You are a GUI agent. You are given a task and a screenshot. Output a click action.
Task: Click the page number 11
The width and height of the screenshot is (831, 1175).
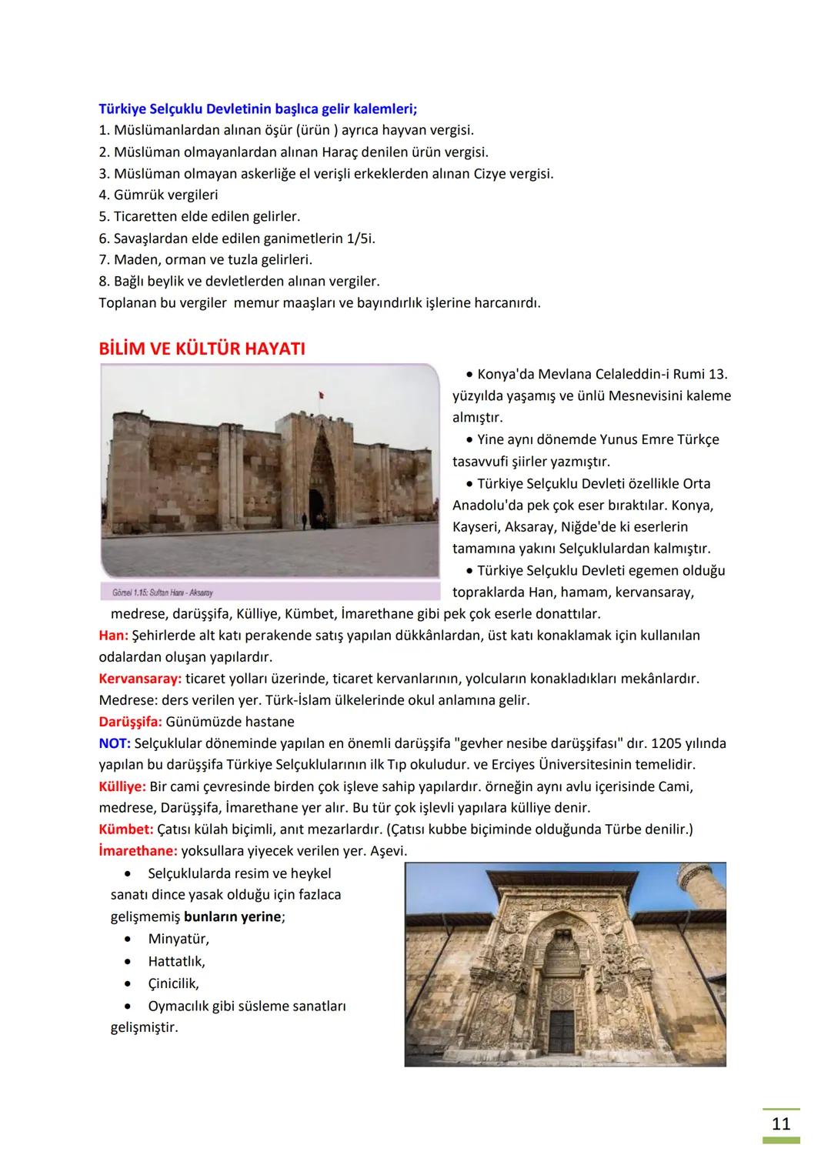780,1123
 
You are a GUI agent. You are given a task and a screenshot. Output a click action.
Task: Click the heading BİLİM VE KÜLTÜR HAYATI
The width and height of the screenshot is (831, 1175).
202,349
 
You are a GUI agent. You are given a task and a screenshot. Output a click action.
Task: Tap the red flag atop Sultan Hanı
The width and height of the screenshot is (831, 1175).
321,395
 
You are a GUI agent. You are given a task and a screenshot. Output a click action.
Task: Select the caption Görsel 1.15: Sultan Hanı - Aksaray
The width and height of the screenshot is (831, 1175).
162,593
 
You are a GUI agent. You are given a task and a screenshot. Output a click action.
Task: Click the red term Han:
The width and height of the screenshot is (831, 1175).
113,636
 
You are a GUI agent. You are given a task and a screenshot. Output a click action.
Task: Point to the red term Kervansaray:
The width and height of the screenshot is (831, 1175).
140,679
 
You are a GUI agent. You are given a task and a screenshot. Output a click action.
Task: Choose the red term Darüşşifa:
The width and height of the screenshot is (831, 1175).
130,722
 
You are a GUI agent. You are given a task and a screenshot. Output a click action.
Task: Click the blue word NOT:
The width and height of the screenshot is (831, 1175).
115,743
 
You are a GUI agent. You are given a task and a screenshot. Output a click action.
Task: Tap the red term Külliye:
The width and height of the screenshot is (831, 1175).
122,786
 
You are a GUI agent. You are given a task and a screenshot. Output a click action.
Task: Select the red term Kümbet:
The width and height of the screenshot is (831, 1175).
126,830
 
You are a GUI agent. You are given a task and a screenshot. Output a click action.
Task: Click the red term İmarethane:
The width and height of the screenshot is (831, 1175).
138,851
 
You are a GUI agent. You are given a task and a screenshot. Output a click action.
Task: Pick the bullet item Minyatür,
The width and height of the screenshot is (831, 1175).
179,939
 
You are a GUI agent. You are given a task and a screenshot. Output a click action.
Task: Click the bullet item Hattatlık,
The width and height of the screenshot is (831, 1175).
176,961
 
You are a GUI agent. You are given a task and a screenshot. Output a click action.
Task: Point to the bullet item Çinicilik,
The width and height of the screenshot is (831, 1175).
173,983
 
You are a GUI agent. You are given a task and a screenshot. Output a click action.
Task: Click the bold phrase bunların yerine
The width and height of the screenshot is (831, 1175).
232,916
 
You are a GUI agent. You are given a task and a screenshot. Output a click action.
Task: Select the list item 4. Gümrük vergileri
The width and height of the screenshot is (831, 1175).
159,195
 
